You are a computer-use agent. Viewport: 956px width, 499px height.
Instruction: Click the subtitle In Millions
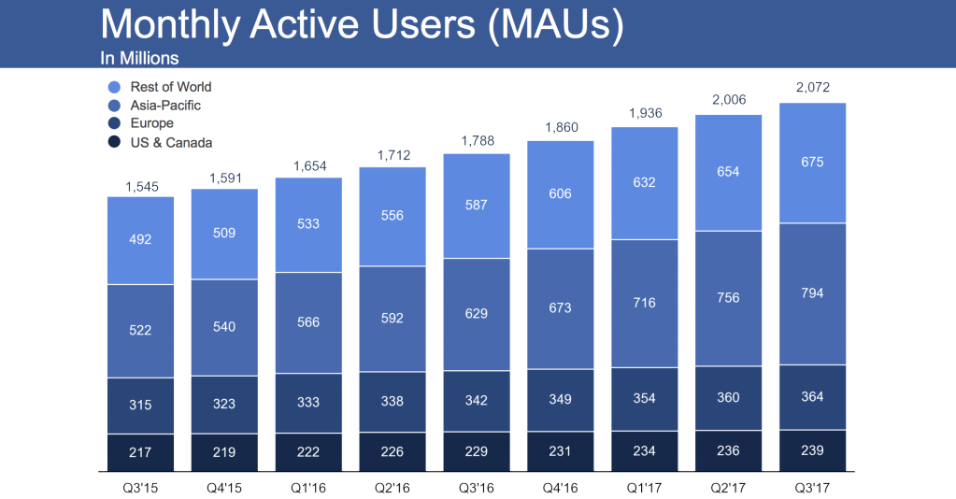(139, 58)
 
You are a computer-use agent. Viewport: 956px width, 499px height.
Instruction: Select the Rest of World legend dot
(114, 87)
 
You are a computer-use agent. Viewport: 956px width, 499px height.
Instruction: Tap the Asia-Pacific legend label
(165, 106)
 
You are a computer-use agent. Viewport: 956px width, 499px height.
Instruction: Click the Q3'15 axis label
(140, 486)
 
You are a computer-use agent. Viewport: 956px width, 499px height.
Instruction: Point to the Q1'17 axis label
(644, 486)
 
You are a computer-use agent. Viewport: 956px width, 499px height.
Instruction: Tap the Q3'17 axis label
(812, 486)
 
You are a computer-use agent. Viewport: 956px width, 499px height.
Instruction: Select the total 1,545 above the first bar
(140, 187)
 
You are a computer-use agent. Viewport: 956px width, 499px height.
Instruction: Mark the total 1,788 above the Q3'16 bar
(476, 142)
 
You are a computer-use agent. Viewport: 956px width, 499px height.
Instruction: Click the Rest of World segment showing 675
(812, 163)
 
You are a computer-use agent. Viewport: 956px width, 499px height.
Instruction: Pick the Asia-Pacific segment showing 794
(812, 293)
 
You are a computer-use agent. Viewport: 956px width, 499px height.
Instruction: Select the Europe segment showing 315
(140, 406)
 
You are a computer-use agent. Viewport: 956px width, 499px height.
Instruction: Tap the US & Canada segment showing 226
(392, 450)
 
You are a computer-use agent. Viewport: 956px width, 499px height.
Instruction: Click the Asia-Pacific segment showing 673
(561, 308)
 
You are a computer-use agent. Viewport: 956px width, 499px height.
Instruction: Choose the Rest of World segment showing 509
(224, 234)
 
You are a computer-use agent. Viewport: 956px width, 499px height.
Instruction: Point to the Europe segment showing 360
(728, 397)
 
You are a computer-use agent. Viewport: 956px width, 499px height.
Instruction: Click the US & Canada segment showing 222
(308, 450)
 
